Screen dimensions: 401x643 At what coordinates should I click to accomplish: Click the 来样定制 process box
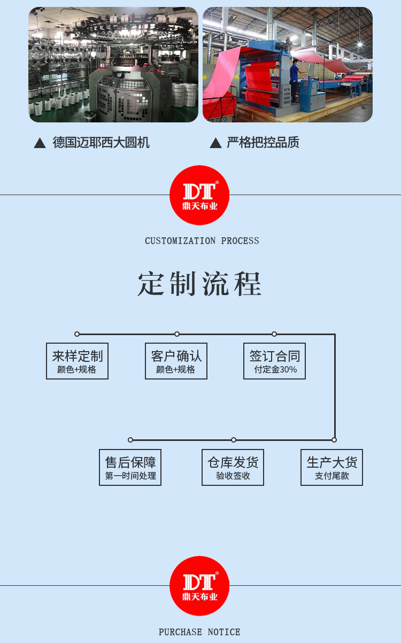point(77,361)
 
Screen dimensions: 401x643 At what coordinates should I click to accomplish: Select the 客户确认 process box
point(176,361)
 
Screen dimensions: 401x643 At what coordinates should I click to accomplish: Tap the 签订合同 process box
point(274,361)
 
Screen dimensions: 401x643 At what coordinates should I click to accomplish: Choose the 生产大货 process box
point(331,467)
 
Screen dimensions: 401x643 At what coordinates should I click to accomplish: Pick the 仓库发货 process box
point(233,467)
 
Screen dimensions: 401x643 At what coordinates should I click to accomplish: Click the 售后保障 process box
point(130,467)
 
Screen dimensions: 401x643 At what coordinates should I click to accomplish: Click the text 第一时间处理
point(130,476)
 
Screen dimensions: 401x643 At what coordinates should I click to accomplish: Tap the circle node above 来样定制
point(77,334)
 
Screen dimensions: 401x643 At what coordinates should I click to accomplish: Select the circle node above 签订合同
point(274,334)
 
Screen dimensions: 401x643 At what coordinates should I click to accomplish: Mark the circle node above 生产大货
point(334,440)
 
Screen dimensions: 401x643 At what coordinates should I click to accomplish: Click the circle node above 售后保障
point(130,440)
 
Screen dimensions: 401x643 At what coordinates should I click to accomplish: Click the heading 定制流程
point(199,284)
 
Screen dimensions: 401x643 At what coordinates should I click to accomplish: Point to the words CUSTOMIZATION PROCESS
point(202,241)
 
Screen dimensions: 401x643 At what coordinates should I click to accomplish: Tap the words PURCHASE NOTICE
point(199,632)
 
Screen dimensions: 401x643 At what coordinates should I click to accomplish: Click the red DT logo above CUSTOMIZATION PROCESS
point(199,195)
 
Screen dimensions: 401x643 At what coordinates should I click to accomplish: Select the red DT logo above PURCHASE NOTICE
point(199,586)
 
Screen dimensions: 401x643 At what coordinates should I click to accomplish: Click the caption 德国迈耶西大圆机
point(101,142)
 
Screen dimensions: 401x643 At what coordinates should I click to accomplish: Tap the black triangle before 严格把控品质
point(215,143)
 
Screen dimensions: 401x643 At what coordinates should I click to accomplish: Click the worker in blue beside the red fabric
point(295,80)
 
